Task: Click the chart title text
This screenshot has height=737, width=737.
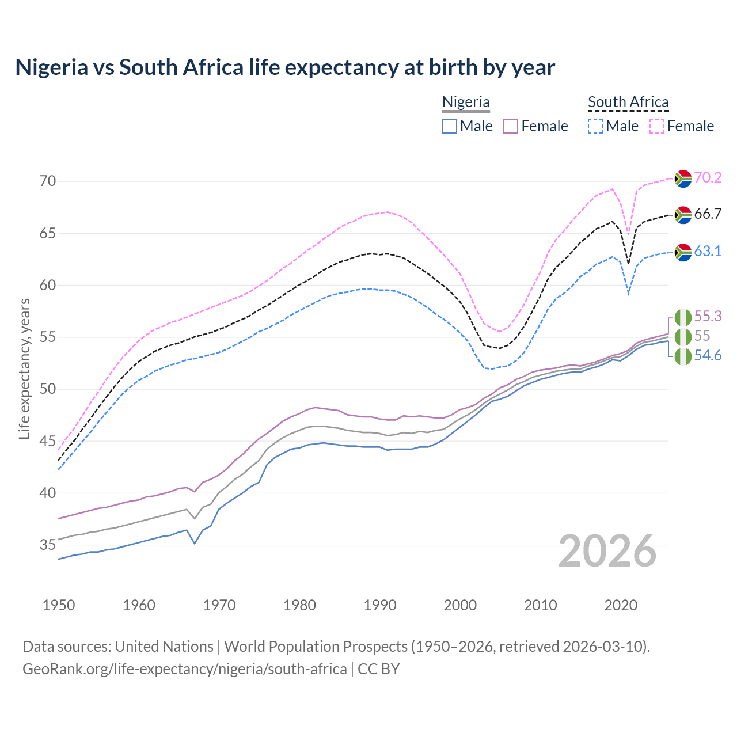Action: point(285,67)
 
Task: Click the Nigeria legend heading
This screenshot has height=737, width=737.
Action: point(466,102)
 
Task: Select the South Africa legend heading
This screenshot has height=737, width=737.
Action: point(628,102)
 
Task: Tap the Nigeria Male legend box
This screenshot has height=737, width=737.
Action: point(450,126)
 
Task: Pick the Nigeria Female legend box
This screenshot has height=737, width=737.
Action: point(511,126)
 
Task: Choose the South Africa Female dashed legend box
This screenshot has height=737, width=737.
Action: point(657,126)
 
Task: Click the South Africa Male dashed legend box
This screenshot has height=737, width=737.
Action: point(595,126)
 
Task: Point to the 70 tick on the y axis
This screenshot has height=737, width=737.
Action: point(48,181)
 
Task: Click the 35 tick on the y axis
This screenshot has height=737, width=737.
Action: point(48,545)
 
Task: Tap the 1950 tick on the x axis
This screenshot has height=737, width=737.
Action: point(59,605)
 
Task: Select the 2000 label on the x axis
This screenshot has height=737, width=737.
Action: point(461,605)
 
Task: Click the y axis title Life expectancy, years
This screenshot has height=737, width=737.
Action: point(24,368)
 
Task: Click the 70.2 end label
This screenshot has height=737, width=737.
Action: point(708,177)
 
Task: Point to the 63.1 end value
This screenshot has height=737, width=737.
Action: point(708,252)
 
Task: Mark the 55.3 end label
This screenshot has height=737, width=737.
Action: point(708,316)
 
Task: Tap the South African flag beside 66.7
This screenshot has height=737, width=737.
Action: point(683,215)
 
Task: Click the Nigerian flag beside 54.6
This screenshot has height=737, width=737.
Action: point(683,356)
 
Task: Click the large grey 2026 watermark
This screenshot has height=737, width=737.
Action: point(607,551)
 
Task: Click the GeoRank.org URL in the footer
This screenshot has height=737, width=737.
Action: point(184,669)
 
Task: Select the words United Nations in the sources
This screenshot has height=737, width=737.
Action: point(164,646)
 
